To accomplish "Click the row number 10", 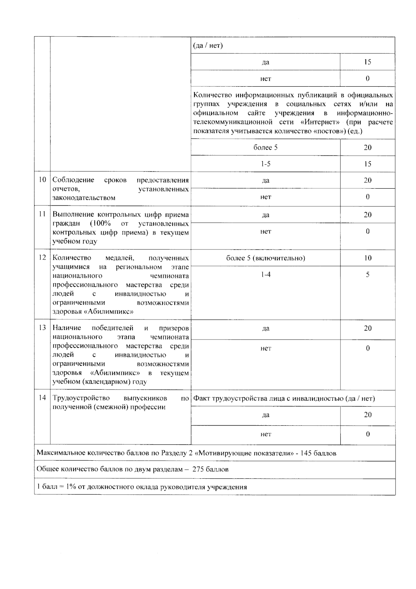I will coord(42,180).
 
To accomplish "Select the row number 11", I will coord(42,214).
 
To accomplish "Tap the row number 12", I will coord(42,257).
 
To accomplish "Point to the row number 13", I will coord(42,328).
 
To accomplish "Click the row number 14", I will coord(42,398).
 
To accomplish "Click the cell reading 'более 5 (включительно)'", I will coord(266,258).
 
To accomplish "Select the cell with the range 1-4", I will coord(266,275).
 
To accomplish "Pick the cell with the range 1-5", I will coord(266,164).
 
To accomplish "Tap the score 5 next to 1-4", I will coord(367,275).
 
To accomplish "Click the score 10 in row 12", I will coord(367,258).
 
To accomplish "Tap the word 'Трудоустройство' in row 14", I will coord(81,398).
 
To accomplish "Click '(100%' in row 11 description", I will coord(100,223).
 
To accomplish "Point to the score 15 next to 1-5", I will coord(367,164).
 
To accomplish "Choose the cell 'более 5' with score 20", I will coord(266,147).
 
